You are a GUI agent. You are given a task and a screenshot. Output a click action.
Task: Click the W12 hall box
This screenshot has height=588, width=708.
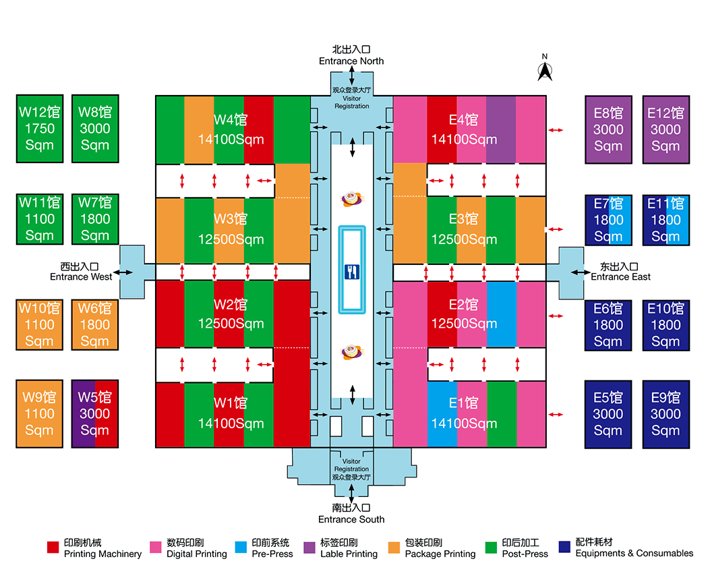coord(39,128)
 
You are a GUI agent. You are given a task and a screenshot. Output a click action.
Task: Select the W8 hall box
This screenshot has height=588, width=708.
coord(95,128)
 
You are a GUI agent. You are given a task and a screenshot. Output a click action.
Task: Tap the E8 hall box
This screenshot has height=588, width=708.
coord(608,129)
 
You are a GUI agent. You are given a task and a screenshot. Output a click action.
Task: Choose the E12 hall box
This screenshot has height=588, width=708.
coord(666,129)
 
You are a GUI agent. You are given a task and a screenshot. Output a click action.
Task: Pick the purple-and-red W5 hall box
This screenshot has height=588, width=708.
coord(95,413)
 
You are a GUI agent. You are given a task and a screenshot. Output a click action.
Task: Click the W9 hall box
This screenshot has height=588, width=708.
coord(39,413)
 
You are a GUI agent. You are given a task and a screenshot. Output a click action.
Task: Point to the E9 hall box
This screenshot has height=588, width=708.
coord(666,413)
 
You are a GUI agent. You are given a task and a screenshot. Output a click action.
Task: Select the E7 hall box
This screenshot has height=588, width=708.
coord(608,219)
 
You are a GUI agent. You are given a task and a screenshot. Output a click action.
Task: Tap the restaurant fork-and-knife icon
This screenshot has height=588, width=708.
coord(351,272)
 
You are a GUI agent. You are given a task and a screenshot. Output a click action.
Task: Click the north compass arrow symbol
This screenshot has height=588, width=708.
coord(545,70)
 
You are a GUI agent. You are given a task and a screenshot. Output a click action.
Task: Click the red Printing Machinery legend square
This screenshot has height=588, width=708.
coord(53,548)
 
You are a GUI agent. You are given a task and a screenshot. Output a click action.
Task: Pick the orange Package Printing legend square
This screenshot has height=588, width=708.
coord(394,548)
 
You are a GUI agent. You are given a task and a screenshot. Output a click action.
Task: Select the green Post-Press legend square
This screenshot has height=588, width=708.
coord(491,548)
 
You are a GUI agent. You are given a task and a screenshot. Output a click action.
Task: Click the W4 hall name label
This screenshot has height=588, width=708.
coord(231,120)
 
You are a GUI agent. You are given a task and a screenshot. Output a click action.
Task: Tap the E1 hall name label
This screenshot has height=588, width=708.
coord(463,403)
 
